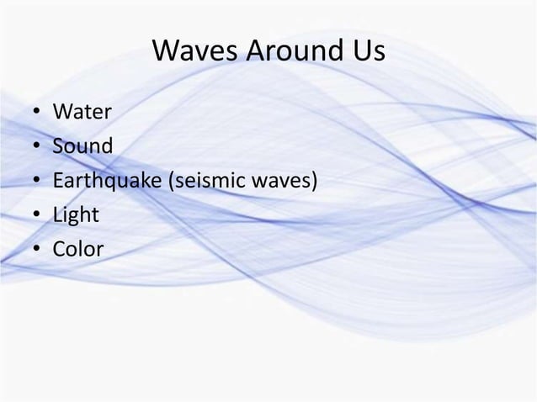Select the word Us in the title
point(368,52)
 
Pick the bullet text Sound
point(82,146)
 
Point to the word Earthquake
point(109,181)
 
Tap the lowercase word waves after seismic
point(284,181)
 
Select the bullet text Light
point(76,215)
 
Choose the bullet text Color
point(78,250)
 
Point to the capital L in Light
point(57,215)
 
